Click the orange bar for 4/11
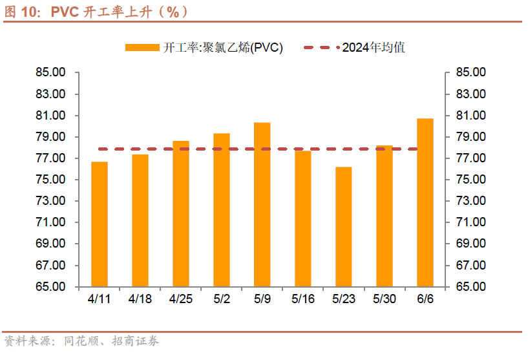point(100,224)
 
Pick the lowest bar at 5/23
point(344,227)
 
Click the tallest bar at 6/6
point(425,202)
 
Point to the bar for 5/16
point(303,218)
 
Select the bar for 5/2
point(222,210)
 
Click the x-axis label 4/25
point(181,299)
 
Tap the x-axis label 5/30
point(385,299)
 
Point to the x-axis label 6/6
point(425,299)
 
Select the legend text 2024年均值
point(373,47)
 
